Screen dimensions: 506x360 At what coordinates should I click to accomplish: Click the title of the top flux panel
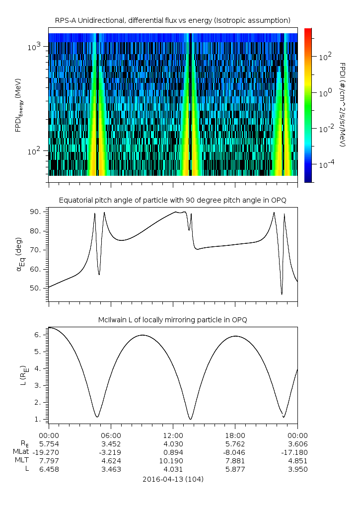(x=172, y=20)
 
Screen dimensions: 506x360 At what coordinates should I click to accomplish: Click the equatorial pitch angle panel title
(x=172, y=200)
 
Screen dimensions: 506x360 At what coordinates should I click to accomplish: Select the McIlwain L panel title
(x=172, y=319)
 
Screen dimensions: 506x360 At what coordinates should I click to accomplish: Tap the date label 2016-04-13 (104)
(x=173, y=479)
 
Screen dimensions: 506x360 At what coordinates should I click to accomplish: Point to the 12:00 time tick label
(x=173, y=434)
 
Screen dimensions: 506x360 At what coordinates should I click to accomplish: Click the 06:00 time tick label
(x=111, y=434)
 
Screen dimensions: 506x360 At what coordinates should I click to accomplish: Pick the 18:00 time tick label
(x=235, y=434)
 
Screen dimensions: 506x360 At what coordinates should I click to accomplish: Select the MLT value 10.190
(x=173, y=460)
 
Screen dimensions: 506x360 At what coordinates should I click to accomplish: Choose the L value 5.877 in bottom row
(x=235, y=469)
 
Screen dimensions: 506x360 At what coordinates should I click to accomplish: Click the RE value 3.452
(x=111, y=443)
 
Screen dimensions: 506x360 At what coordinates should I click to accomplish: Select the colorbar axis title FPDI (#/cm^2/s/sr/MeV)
(x=343, y=105)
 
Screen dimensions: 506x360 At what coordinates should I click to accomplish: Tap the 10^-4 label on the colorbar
(x=326, y=164)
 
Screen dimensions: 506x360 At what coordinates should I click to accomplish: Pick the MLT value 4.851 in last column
(x=297, y=460)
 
